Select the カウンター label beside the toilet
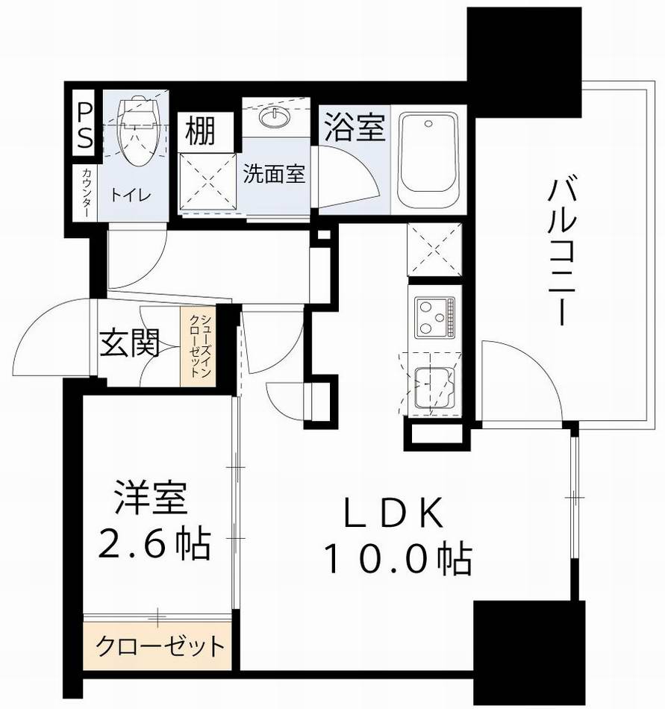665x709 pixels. [x=84, y=192]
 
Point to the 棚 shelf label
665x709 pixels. [x=201, y=131]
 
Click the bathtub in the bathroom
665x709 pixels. [x=428, y=159]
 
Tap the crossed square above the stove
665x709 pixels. [x=434, y=249]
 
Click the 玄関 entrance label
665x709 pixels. [x=131, y=345]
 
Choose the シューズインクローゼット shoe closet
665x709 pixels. [x=199, y=346]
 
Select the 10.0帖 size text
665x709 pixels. [x=396, y=559]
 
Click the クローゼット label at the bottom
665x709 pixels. [x=159, y=644]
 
